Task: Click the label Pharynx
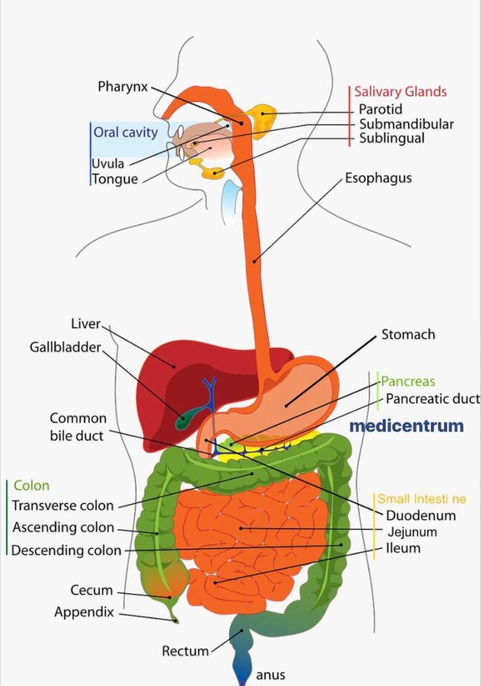[x=123, y=86]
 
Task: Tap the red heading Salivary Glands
[x=400, y=91]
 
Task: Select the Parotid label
[x=380, y=110]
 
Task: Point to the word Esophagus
[x=378, y=178]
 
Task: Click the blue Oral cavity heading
[x=125, y=133]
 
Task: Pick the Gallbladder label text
[x=65, y=347]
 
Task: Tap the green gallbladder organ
[x=182, y=419]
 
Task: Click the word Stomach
[x=408, y=334]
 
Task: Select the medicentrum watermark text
[x=406, y=426]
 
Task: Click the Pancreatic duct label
[x=432, y=399]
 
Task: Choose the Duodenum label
[x=420, y=515]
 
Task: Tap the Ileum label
[x=403, y=548]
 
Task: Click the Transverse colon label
[x=63, y=506]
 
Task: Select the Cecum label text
[x=91, y=590]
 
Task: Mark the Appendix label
[x=84, y=612]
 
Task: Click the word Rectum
[x=185, y=651]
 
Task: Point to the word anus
[x=270, y=675]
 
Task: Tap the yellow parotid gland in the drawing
[x=263, y=117]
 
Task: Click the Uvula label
[x=108, y=163]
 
